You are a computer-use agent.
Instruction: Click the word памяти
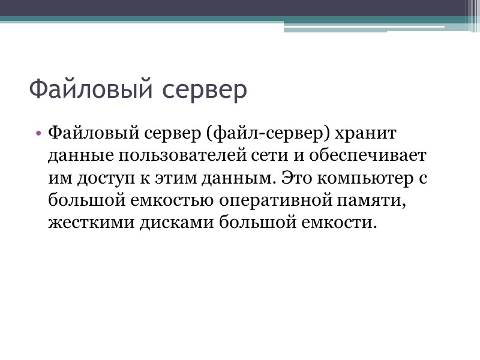pyautogui.click(x=370, y=201)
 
